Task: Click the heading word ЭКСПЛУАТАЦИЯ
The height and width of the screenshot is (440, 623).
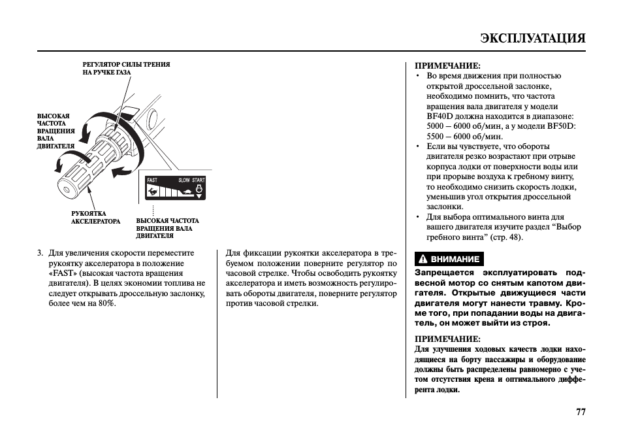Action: [532, 38]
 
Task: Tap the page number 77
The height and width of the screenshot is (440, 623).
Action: [581, 412]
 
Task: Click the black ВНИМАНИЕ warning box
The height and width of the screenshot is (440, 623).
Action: [449, 259]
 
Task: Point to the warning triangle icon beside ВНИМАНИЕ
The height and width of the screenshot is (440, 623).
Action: [423, 259]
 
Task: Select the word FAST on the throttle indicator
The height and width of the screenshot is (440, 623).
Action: [152, 180]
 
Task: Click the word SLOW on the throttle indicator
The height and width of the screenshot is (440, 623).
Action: [184, 180]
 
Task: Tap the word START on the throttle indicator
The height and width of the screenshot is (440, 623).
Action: [199, 180]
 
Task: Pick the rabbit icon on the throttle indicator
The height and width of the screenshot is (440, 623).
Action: [152, 191]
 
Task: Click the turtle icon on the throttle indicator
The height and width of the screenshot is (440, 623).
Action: [185, 192]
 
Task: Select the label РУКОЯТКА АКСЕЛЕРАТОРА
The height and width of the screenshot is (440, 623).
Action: [95, 217]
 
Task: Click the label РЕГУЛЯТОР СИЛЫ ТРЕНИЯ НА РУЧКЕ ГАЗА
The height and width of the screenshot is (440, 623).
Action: [126, 69]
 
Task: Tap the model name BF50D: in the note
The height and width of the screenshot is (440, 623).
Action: [562, 126]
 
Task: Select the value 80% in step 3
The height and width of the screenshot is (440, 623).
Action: [106, 304]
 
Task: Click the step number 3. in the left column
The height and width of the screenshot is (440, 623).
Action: [40, 253]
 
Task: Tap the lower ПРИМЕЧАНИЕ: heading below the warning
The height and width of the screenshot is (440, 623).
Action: [447, 339]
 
